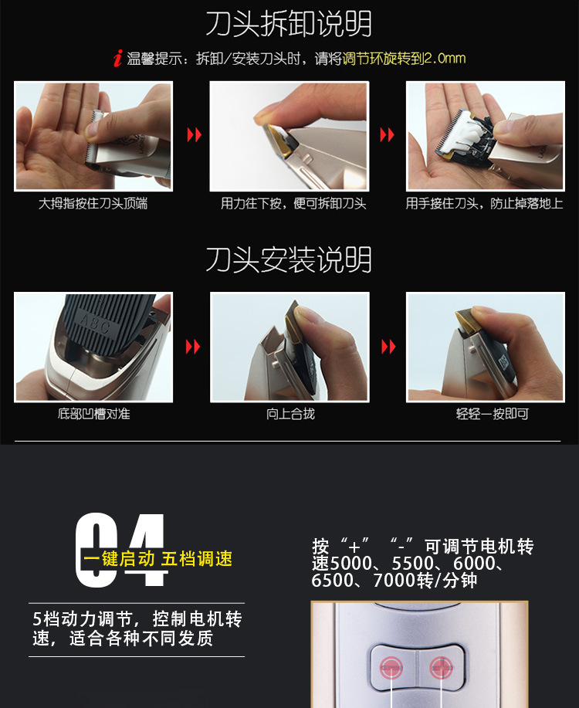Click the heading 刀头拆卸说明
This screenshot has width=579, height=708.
click(289, 24)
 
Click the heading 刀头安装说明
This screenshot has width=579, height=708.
click(289, 259)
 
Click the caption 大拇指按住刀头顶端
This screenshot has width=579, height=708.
click(93, 204)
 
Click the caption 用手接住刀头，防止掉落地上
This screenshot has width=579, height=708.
click(484, 204)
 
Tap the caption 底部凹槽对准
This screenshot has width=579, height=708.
click(93, 414)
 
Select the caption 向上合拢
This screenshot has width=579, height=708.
click(290, 414)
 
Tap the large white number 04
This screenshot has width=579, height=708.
click(122, 550)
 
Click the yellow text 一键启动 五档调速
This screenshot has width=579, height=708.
click(157, 559)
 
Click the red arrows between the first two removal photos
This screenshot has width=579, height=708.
click(194, 136)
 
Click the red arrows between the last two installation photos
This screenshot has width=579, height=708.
click(388, 347)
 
